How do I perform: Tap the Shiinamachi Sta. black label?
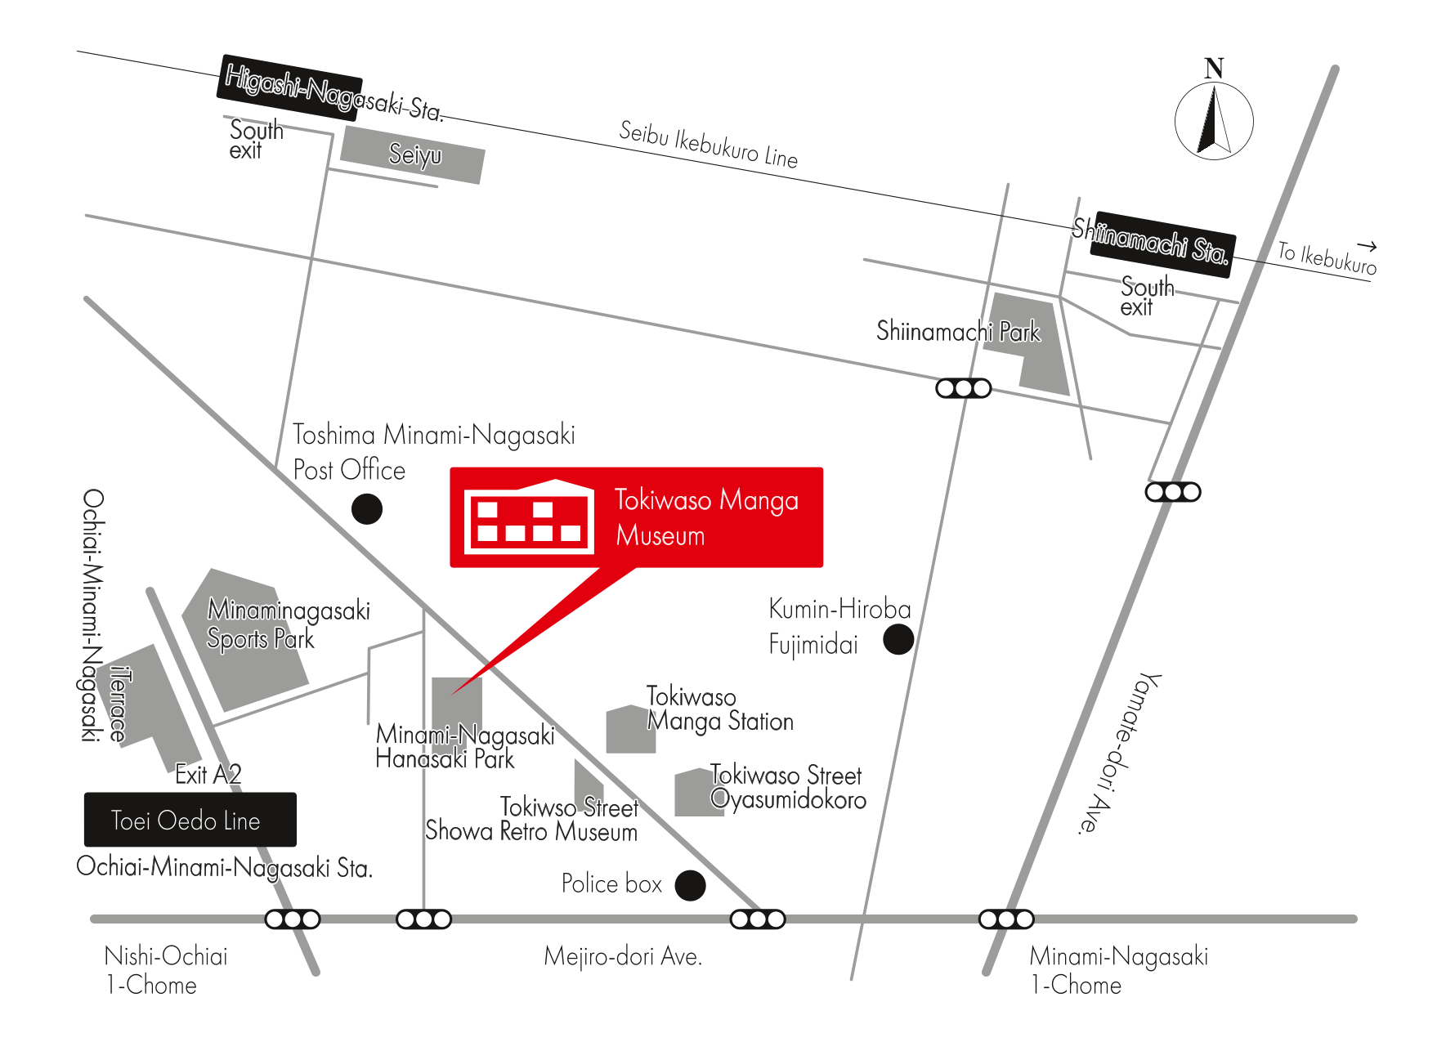pos(1162,244)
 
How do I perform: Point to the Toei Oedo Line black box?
pos(190,819)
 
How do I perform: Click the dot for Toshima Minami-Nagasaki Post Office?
pos(367,509)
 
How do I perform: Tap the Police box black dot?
pos(690,885)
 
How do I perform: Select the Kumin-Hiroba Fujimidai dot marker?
pos(898,639)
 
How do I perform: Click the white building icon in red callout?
pos(529,517)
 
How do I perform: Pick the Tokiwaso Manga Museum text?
pos(706,517)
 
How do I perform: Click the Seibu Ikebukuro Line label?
pos(708,145)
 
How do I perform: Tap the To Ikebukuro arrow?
pos(1367,245)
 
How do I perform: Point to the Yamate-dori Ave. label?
pos(1117,753)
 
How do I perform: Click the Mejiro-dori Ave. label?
pos(623,956)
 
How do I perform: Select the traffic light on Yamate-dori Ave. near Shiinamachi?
pos(1173,492)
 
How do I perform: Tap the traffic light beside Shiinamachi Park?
pos(964,388)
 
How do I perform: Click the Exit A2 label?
pos(208,774)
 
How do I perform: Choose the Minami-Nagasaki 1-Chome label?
pos(1118,970)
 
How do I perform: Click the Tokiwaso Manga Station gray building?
pos(630,729)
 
